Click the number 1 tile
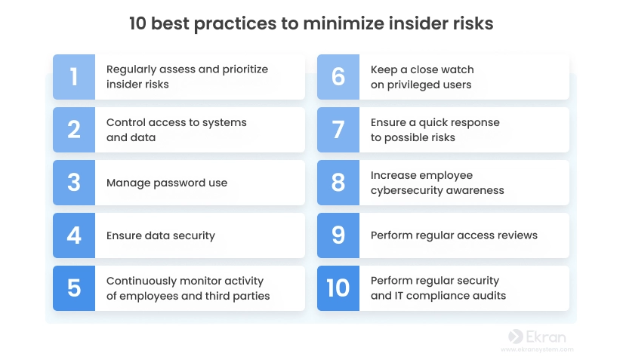74,77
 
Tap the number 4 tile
74,235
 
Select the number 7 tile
338,130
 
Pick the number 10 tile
338,288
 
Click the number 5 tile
74,288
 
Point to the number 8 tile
338,183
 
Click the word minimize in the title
343,23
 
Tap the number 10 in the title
138,23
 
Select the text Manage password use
167,183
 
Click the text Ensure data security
161,235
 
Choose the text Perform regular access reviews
454,235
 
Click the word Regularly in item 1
131,69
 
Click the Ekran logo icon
515,337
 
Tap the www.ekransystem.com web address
537,349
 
